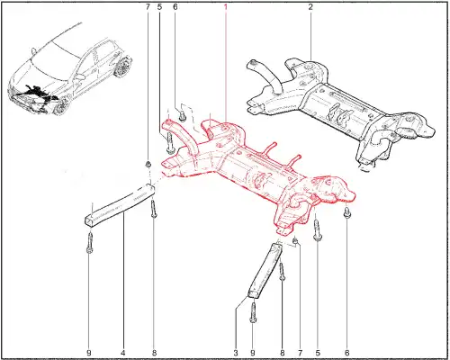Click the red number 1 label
(226, 6)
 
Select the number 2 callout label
(310, 6)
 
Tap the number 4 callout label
(123, 353)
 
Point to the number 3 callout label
(236, 353)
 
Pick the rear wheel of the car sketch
(122, 67)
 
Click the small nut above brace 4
(148, 164)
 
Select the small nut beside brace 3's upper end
(295, 241)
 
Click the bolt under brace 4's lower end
(89, 244)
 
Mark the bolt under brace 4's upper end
(154, 210)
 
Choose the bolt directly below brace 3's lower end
(253, 313)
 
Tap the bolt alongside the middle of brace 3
(282, 273)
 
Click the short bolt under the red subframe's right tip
(346, 213)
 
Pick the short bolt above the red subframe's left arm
(182, 117)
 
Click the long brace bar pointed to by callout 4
(120, 204)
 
